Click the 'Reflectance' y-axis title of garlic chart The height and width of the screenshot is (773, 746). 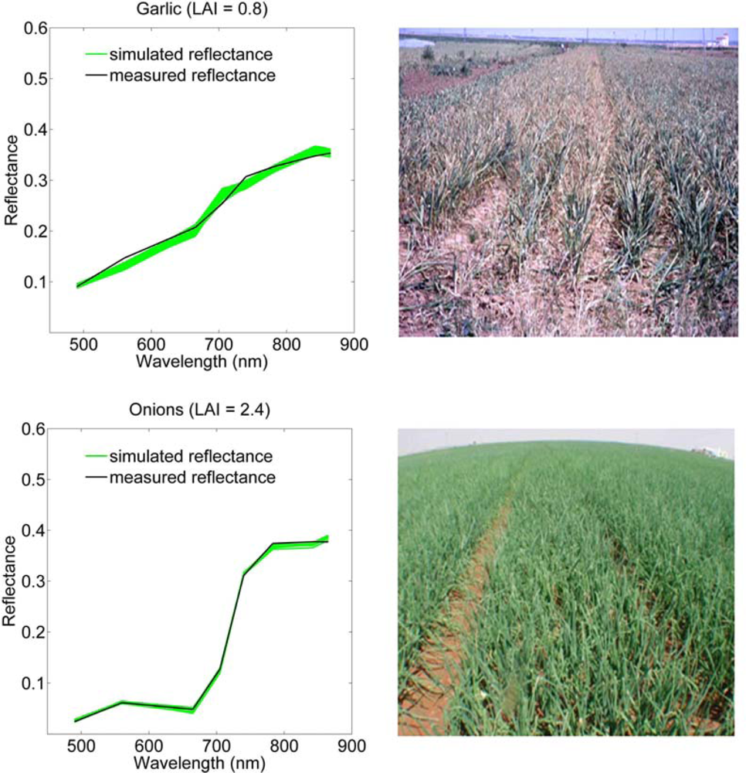(x=11, y=179)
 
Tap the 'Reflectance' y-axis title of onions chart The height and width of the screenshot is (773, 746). (x=11, y=581)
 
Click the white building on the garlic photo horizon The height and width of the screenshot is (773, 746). (x=720, y=39)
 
